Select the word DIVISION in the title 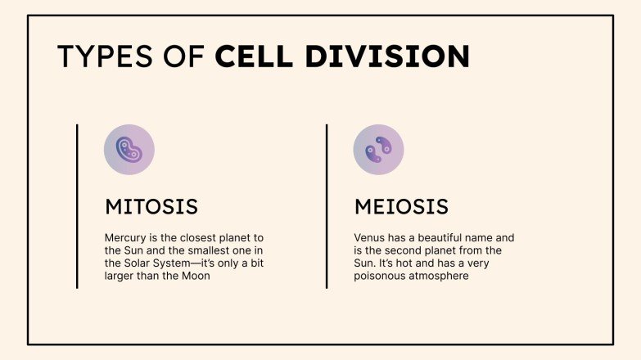pos(387,56)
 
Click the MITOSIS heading pos(151,205)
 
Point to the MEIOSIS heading pos(401,205)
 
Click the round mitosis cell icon pos(129,150)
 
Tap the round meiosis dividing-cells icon pos(378,150)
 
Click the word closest pos(186,237)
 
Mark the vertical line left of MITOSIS pos(77,206)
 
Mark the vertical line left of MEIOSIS pos(327,206)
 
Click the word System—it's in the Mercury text pos(183,263)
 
